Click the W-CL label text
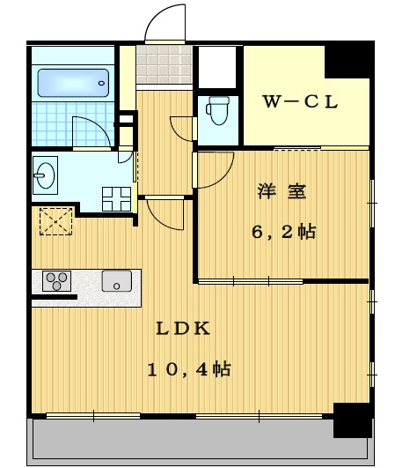point(302,101)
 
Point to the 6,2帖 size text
point(282,233)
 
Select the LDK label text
point(183,329)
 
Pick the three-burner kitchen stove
point(57,282)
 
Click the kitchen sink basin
point(116,281)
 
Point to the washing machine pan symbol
point(115,198)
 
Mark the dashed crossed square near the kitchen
point(56,220)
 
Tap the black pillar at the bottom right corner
point(352,420)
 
